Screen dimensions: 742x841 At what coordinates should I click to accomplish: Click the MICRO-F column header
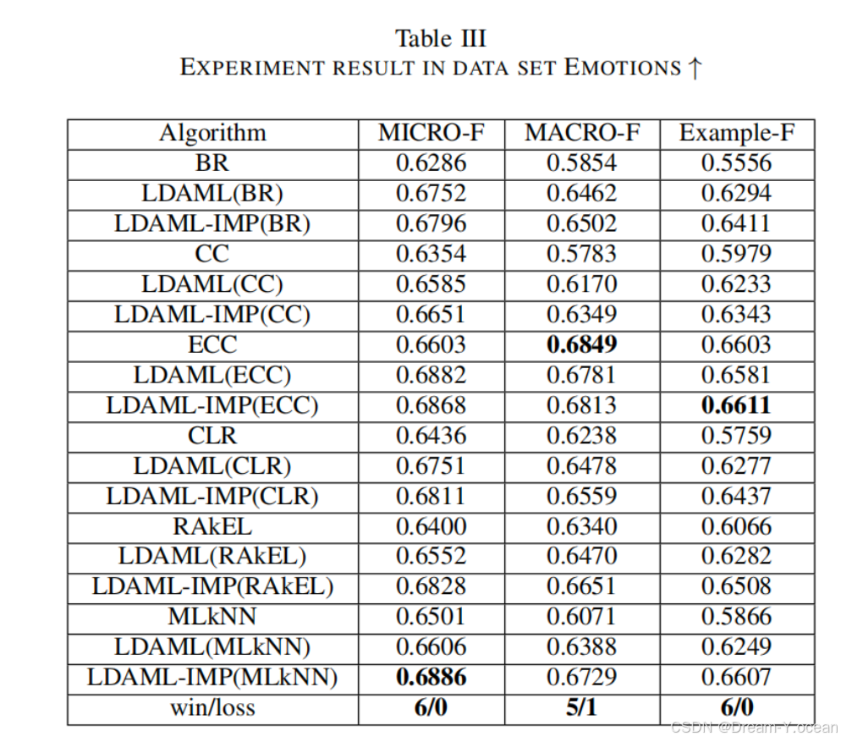point(431,133)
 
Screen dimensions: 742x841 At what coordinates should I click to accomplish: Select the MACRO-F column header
point(581,133)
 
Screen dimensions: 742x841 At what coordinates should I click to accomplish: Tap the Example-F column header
point(736,133)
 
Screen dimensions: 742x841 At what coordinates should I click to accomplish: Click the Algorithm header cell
point(212,133)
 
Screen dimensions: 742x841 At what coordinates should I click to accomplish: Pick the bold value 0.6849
point(581,344)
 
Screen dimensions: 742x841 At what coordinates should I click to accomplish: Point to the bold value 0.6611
point(736,405)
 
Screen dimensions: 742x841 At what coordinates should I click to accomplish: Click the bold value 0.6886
point(431,677)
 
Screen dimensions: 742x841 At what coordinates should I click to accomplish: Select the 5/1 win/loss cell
point(581,707)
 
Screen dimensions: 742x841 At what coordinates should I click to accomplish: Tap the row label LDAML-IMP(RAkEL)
point(212,586)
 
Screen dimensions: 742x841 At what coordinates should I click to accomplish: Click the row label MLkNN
point(212,617)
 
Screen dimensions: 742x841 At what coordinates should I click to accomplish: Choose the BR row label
point(212,163)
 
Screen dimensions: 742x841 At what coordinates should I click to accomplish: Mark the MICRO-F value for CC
point(431,254)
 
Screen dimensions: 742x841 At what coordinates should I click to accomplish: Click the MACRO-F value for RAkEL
point(581,526)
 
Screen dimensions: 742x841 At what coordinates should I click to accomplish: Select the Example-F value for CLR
point(736,436)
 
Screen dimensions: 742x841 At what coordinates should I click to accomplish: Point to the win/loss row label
point(212,707)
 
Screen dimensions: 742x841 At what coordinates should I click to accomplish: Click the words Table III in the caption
point(441,39)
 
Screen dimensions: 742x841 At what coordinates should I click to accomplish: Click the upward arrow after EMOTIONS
point(695,68)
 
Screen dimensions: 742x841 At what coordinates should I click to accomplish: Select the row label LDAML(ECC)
point(212,375)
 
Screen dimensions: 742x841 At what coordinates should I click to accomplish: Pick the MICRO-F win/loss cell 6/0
point(431,707)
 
